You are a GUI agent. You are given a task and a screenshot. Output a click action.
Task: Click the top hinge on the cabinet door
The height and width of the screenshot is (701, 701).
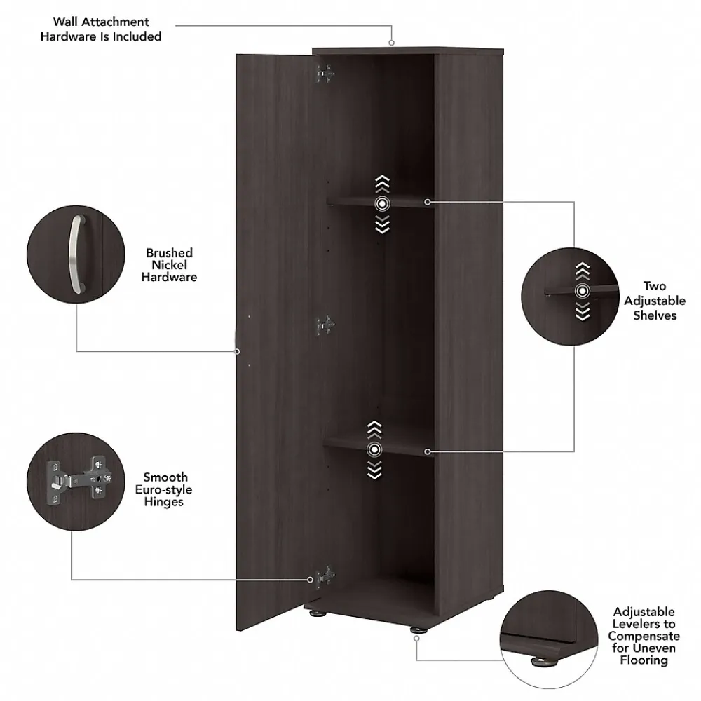[x=324, y=73]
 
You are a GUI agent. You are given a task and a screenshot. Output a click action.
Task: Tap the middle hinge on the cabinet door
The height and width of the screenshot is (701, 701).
[x=324, y=325]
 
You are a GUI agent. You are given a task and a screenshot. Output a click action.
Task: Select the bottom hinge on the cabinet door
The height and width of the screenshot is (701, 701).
[x=323, y=578]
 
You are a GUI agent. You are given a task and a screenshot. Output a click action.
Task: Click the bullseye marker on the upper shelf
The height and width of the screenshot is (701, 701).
[x=381, y=204]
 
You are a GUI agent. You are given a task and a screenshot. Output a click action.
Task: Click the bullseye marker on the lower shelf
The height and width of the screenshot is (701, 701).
[x=375, y=449]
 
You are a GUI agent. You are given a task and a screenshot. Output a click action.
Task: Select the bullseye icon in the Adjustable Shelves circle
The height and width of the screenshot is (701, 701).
[x=581, y=292]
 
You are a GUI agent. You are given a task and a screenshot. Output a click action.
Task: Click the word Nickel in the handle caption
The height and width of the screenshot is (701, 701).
[x=169, y=265]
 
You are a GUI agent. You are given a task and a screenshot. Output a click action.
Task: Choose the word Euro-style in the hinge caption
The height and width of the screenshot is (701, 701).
[x=164, y=489]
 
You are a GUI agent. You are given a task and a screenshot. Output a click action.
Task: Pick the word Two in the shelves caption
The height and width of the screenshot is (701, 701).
[x=655, y=286]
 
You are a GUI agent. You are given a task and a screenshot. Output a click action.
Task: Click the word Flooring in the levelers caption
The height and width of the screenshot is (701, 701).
[x=644, y=660]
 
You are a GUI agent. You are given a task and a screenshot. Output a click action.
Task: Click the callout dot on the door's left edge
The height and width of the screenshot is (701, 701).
[x=237, y=350]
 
